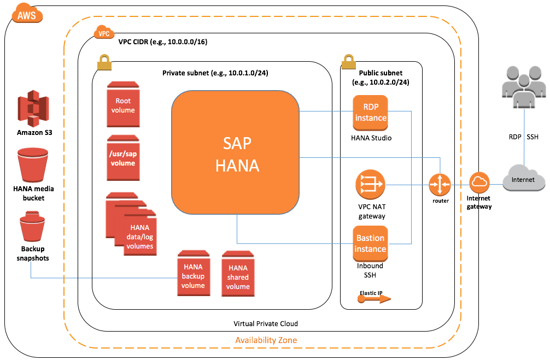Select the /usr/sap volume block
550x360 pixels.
pos(123,158)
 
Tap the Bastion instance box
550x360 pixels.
pos(370,243)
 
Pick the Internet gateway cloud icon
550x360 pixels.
pos(480,182)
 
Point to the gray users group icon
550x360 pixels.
pos(523,87)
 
